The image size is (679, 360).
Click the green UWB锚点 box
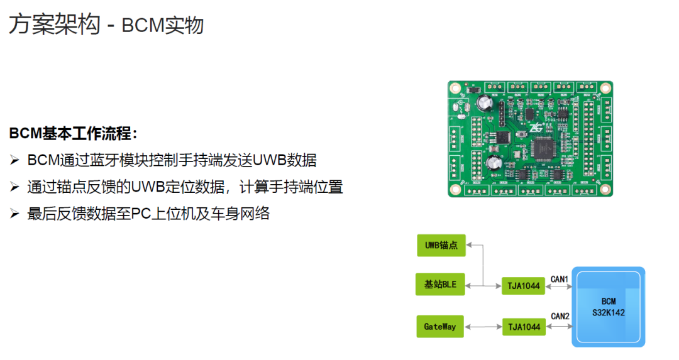[x=441, y=245]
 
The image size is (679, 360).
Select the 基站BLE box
[x=440, y=284]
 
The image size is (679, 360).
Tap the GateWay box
[x=440, y=327]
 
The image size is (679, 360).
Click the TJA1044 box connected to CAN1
[x=524, y=286]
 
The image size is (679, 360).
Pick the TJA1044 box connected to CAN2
[x=524, y=327]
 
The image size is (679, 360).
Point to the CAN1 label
[x=559, y=279]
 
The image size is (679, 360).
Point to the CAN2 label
[x=560, y=316]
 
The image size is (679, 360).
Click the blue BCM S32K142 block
[x=609, y=307]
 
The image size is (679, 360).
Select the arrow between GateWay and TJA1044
[x=483, y=327]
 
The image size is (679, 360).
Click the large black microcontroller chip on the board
[x=542, y=148]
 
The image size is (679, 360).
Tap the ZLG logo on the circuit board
[x=536, y=128]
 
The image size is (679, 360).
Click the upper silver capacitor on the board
[x=485, y=104]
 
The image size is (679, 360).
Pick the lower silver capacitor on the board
[x=494, y=163]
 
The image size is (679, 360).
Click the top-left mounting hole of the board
[x=455, y=88]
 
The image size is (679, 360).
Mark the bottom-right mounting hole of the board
[x=605, y=189]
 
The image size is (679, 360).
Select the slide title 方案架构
[x=55, y=25]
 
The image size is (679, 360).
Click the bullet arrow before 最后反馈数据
[x=14, y=214]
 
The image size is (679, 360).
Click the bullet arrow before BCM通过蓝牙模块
[x=14, y=161]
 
